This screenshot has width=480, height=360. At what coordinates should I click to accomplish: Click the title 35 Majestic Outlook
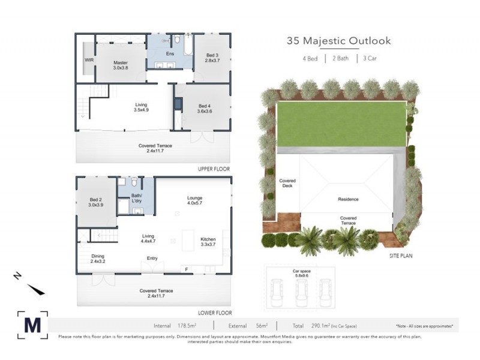(338, 41)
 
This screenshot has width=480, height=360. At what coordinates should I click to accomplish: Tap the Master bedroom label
(120, 65)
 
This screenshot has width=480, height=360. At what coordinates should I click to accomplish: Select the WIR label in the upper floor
(89, 61)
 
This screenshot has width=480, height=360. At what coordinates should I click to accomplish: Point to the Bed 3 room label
(212, 58)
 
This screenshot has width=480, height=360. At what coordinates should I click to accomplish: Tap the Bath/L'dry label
(137, 198)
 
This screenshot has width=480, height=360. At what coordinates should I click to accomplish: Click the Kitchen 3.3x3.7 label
(208, 242)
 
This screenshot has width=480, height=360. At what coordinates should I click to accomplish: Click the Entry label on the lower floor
(152, 259)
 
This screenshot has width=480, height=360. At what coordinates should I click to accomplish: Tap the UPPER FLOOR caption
(214, 169)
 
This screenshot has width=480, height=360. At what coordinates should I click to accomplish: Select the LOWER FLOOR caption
(214, 313)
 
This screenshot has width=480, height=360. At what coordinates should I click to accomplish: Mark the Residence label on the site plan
(348, 199)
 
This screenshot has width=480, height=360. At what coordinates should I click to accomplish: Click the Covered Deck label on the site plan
(287, 183)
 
